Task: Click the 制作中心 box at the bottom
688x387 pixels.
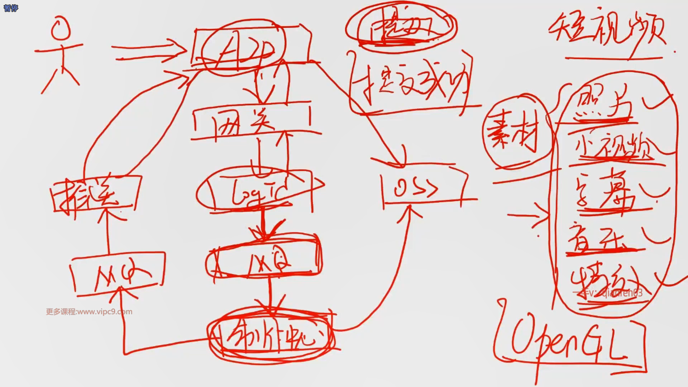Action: [272, 337]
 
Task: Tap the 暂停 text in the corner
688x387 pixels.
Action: [11, 8]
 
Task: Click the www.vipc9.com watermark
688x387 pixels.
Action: [89, 312]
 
